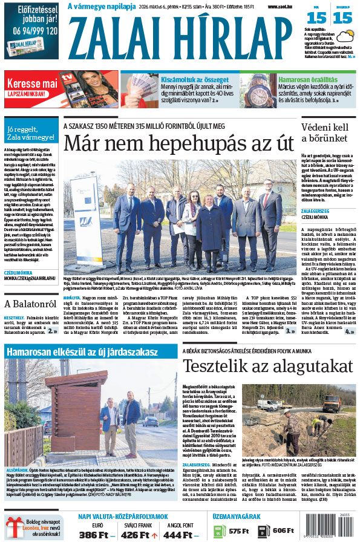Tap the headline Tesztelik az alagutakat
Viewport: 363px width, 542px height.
click(267, 367)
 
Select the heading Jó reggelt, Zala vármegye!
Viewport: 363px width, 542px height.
click(30, 132)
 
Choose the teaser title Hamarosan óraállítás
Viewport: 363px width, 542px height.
click(308, 79)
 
